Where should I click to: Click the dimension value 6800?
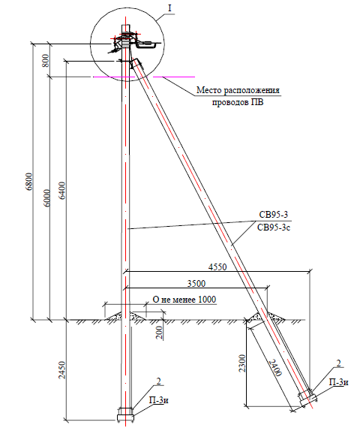[30, 182]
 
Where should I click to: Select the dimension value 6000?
[47, 198]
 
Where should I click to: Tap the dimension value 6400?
[62, 191]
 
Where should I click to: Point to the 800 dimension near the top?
[46, 61]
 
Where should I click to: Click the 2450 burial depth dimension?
[62, 370]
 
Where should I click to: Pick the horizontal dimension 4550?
[217, 267]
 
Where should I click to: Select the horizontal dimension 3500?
[196, 283]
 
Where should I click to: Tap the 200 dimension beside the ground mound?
[159, 333]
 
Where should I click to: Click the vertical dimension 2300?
[242, 363]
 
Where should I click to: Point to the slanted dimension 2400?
[275, 368]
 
